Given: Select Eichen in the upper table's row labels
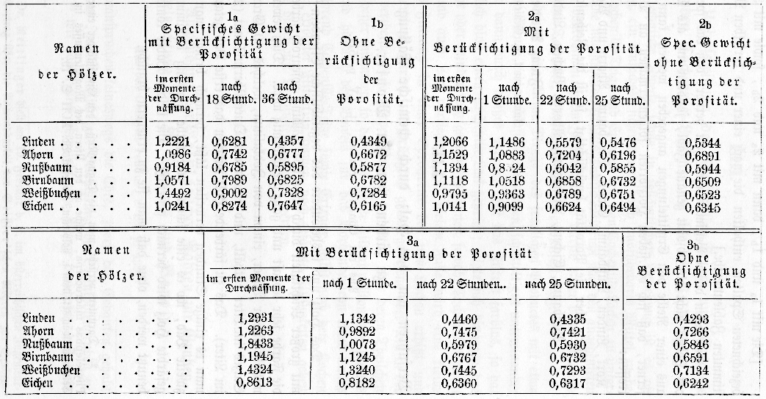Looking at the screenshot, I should coord(37,208).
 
